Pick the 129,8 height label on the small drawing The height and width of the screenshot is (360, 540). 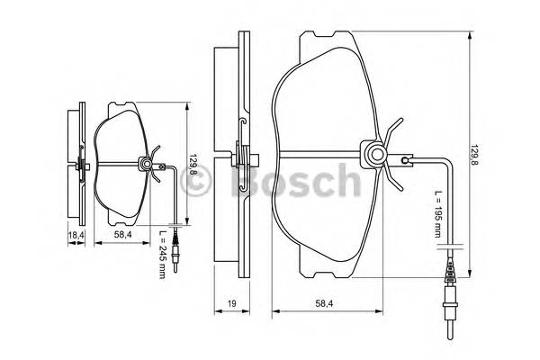point(193,167)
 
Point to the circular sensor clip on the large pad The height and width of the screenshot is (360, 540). point(371,156)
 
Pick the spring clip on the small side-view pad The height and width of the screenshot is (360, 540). point(82,165)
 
